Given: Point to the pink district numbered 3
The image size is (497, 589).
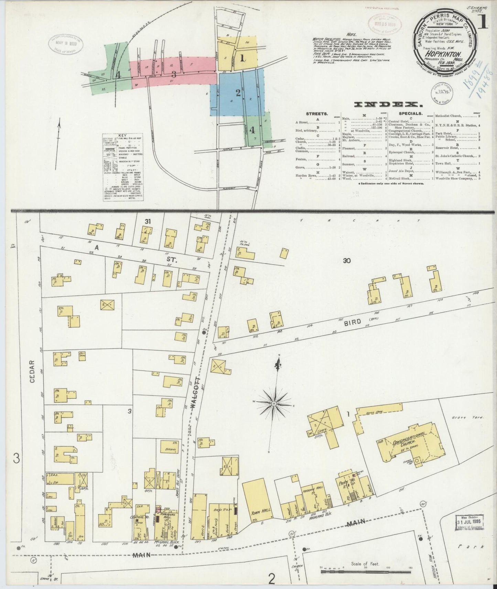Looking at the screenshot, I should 174,74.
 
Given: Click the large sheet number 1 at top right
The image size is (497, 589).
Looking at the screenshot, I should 483,23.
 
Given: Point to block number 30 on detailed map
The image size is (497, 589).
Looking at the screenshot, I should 346,261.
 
